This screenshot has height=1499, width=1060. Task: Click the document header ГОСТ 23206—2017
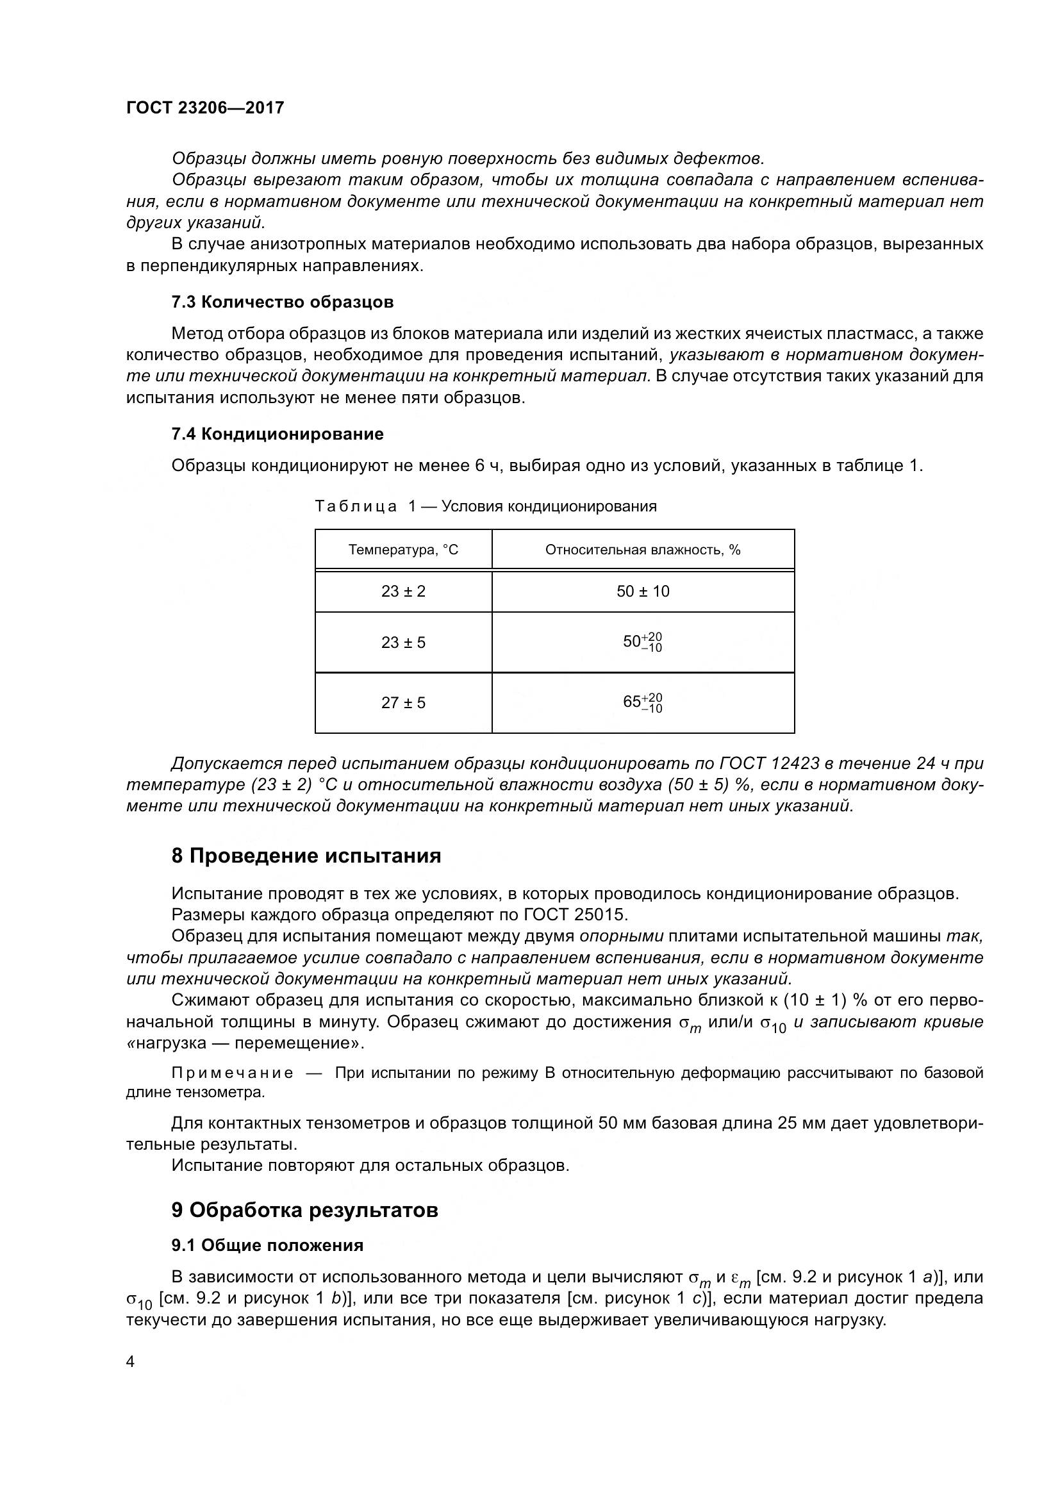click(205, 108)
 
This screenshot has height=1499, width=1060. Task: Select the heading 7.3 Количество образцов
click(282, 302)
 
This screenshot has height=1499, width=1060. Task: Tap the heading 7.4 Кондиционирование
click(277, 433)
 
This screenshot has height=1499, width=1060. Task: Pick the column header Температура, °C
click(402, 550)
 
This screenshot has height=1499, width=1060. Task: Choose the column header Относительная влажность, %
click(642, 550)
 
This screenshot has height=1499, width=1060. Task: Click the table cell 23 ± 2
click(402, 592)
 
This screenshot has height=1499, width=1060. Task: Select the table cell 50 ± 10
click(642, 592)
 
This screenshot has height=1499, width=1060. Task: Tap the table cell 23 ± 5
click(402, 642)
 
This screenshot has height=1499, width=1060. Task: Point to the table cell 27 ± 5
click(402, 702)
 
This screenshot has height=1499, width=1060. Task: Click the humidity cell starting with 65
click(642, 702)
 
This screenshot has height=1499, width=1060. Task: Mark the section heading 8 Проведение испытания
click(306, 856)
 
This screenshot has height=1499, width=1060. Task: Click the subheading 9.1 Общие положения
click(267, 1245)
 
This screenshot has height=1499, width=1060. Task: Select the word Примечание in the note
click(232, 1073)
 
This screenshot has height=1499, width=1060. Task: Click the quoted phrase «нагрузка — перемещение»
click(245, 1043)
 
